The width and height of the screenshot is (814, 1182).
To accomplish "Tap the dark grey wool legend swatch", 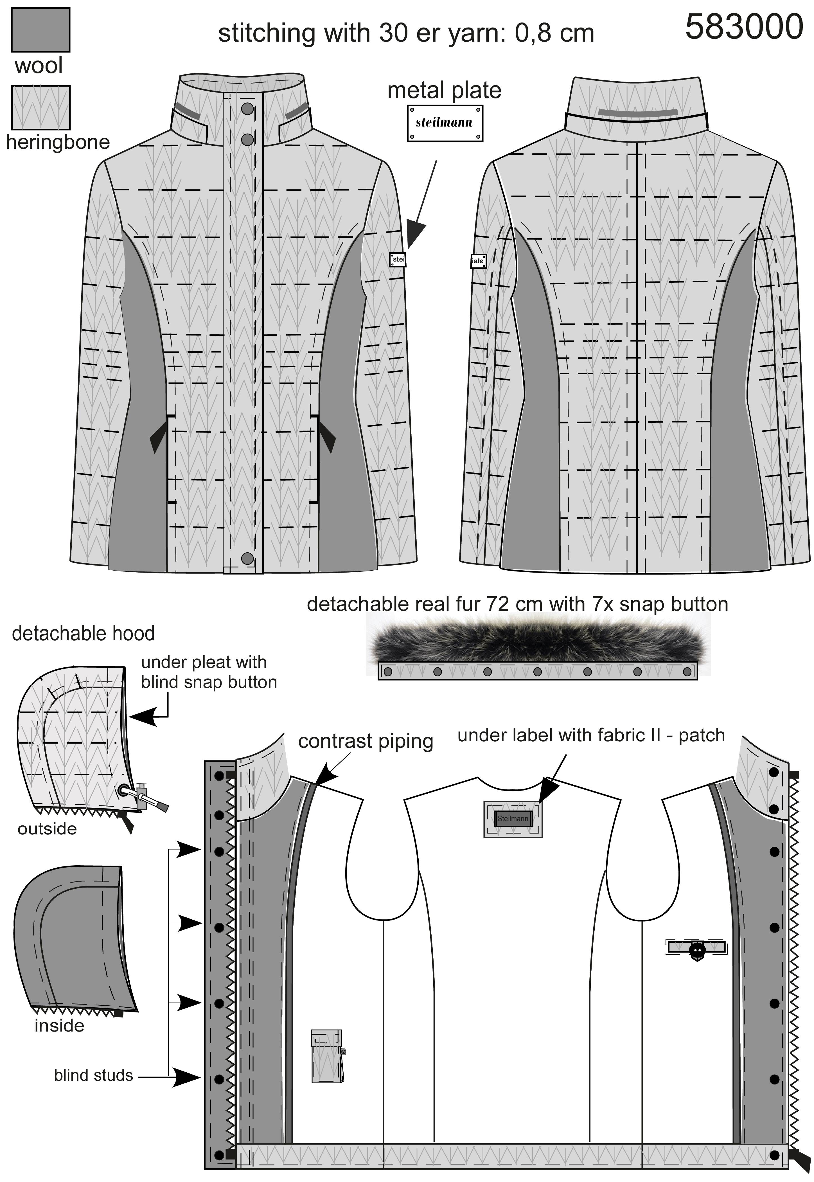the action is point(40,30).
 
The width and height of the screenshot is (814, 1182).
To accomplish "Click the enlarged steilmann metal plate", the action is point(445,123).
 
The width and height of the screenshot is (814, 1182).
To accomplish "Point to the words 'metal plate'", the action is point(444,90).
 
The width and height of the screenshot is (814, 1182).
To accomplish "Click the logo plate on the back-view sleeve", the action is point(478,261).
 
